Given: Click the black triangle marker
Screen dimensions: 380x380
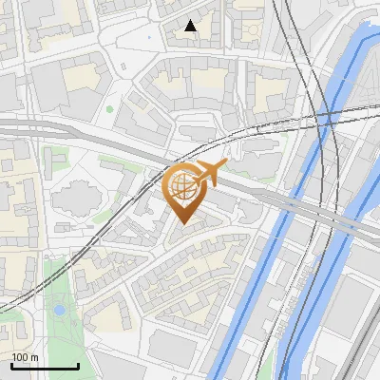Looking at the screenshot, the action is [x=191, y=27].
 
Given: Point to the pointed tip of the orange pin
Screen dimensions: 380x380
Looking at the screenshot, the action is [x=183, y=223].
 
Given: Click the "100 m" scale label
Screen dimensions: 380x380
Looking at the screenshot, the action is [x=26, y=356].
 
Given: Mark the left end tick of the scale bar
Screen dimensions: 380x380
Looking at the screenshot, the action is [x=11, y=365].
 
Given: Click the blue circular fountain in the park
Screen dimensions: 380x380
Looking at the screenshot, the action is [x=60, y=311].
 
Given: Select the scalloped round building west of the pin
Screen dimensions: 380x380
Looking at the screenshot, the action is [x=75, y=200].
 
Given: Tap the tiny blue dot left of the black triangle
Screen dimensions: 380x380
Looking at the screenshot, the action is [x=149, y=38].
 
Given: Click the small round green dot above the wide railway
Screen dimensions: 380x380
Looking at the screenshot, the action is [x=110, y=109].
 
